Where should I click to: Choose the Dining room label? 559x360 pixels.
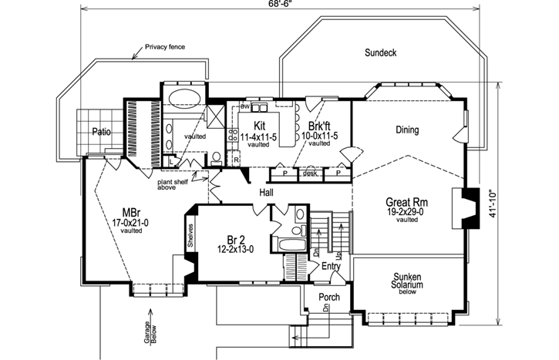coord(406,130)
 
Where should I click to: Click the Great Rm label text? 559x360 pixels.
coord(406,203)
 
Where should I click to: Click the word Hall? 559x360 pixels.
coord(266,193)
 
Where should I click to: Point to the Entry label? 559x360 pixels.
coord(332,266)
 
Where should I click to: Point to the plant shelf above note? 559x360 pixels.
coord(176,187)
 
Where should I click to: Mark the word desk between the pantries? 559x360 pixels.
coord(311,173)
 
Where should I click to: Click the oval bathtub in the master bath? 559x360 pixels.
coord(183,98)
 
